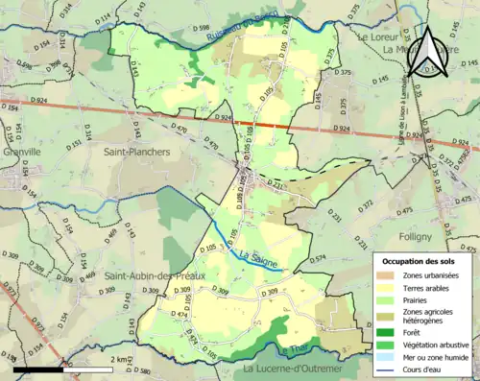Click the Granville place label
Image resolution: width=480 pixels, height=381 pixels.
22,151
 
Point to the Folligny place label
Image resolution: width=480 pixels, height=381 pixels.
420,234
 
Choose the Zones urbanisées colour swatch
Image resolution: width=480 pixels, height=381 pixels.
388,276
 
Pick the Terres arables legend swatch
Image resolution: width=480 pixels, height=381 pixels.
388,288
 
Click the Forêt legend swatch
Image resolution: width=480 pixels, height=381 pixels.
388,331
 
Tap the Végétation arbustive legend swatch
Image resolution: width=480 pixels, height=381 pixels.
388,344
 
